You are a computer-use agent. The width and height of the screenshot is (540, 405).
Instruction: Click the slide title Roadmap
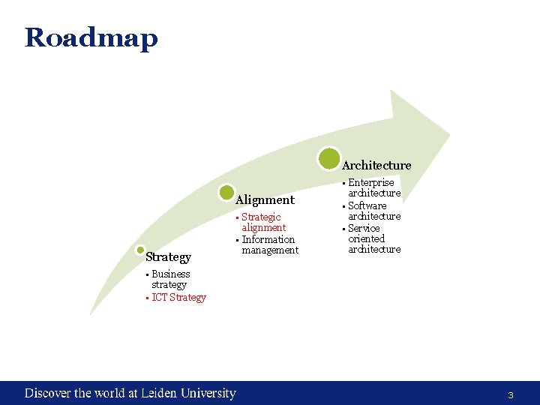(91, 37)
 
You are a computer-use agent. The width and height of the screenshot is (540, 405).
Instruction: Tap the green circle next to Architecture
(328, 158)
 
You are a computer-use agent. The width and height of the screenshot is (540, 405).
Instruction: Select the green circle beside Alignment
(226, 193)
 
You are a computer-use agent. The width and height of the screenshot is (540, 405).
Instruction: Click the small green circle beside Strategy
(139, 251)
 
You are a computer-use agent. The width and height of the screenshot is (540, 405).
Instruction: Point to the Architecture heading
(376, 165)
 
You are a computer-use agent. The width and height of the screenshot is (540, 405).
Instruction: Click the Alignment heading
(265, 200)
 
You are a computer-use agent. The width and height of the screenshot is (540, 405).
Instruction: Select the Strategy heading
(168, 257)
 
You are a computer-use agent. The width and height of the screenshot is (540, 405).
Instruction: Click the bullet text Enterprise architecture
(373, 187)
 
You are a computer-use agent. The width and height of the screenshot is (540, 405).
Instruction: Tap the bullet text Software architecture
(373, 211)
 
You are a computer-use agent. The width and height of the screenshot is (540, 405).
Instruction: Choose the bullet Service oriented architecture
(373, 238)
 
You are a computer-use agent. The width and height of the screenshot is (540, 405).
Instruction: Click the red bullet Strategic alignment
(262, 222)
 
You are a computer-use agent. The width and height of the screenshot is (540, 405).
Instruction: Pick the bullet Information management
(269, 245)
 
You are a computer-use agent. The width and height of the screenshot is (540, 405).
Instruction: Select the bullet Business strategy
(170, 279)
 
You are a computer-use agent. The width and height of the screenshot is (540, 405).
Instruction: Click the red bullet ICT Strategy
(178, 298)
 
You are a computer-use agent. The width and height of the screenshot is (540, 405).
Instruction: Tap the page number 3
(510, 395)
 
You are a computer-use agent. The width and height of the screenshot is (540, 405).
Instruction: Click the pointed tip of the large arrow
(449, 135)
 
